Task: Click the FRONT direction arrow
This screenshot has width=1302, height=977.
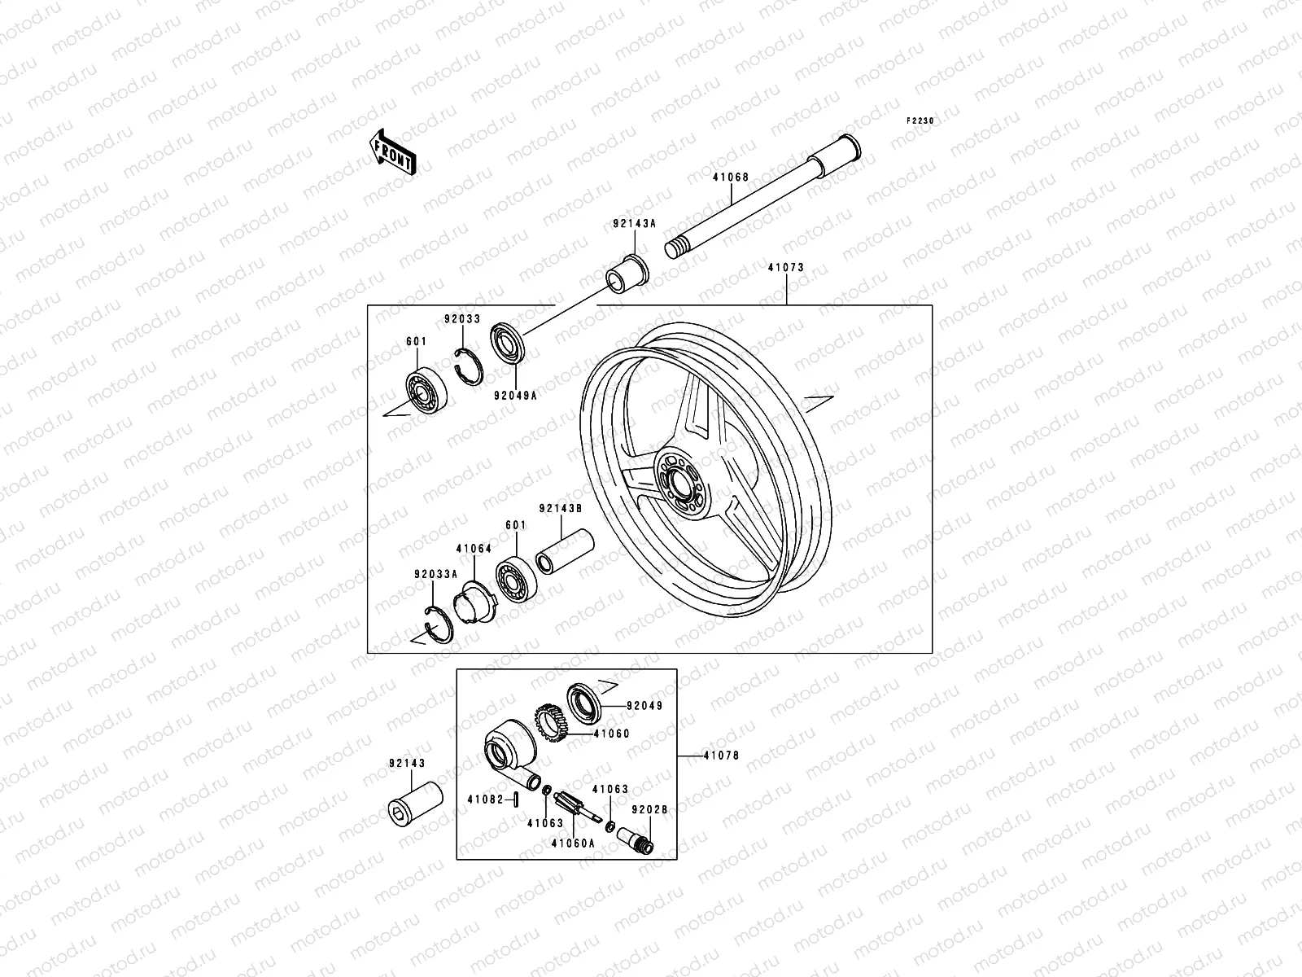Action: (x=404, y=151)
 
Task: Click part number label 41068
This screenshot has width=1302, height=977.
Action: (x=730, y=177)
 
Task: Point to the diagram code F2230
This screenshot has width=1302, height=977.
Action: (x=921, y=120)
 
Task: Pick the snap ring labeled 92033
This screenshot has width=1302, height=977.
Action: (x=470, y=365)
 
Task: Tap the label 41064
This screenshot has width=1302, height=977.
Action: (x=474, y=549)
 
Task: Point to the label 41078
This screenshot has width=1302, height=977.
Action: (x=721, y=756)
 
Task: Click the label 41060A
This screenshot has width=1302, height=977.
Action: (x=573, y=843)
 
